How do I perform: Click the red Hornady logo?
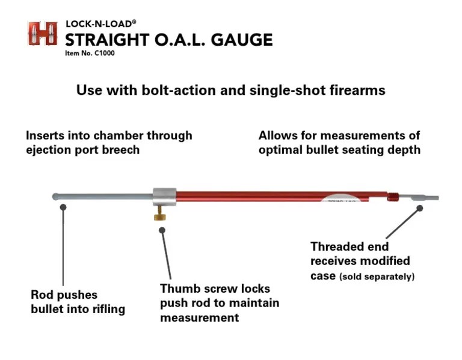point(42,34)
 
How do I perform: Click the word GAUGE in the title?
point(241,40)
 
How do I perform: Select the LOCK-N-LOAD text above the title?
point(100,23)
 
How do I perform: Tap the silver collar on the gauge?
point(164,197)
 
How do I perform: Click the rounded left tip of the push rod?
point(56,197)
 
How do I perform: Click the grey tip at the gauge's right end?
point(425,197)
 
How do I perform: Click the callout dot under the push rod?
point(63,207)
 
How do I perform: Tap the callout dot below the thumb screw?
point(162,229)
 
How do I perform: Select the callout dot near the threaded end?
point(420,208)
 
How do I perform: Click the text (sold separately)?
point(377,277)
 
